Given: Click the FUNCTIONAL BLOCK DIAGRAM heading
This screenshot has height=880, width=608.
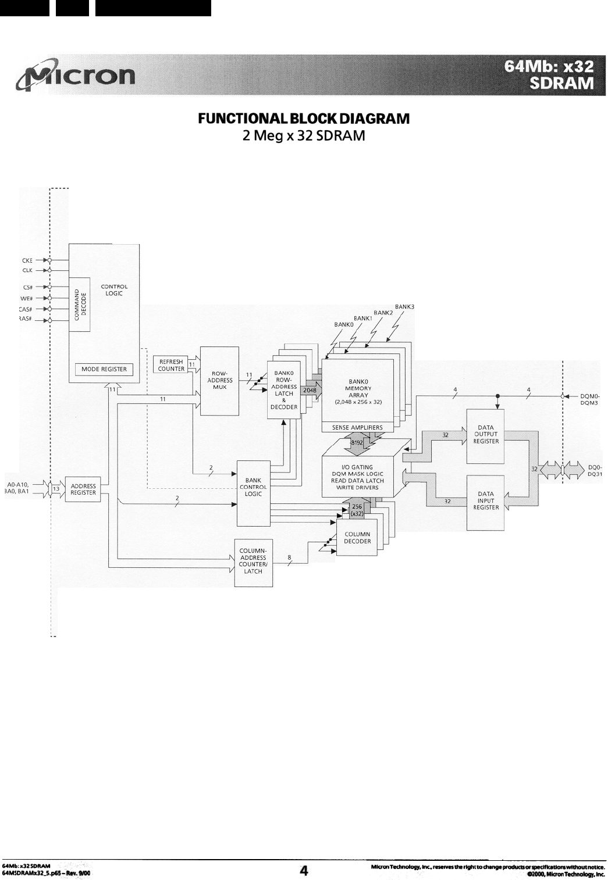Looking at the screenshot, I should click(304, 119).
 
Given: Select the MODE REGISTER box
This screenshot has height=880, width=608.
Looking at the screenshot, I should click(104, 369).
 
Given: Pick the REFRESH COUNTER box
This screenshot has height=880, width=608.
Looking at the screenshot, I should click(170, 365).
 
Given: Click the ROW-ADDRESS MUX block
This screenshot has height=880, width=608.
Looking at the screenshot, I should click(219, 381).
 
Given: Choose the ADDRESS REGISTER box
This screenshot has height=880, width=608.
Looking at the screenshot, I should click(83, 489).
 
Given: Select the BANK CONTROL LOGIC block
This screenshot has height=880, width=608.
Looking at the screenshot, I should click(253, 487).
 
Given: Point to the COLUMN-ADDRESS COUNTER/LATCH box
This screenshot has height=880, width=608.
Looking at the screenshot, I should click(253, 561).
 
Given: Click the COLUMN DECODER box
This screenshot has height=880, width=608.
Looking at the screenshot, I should click(357, 538).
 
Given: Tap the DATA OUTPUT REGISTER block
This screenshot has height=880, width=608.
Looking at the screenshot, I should click(486, 435).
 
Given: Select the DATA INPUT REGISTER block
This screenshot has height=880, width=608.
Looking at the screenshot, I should click(486, 500).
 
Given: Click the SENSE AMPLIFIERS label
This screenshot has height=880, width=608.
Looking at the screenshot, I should click(357, 427).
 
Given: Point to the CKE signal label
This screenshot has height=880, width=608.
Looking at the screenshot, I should click(27, 260).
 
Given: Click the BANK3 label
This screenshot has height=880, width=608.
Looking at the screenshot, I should click(404, 306).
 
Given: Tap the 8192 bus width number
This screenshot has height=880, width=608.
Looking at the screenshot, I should click(357, 442).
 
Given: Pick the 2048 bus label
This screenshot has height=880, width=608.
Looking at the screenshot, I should click(310, 391).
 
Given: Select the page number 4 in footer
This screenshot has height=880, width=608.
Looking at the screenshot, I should click(304, 870).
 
